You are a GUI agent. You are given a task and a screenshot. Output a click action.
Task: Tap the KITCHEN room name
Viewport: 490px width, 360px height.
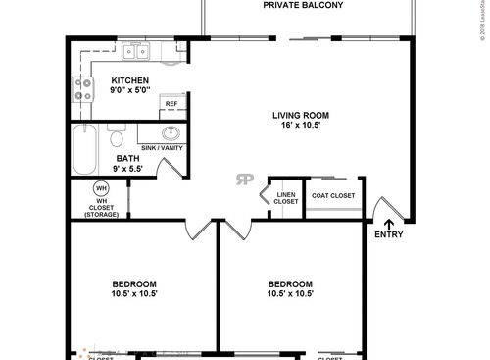[x=129, y=80]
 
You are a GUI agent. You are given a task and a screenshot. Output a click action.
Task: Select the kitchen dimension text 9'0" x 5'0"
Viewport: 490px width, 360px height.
[x=129, y=91]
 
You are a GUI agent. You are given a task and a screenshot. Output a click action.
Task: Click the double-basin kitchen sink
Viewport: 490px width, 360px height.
[x=135, y=53]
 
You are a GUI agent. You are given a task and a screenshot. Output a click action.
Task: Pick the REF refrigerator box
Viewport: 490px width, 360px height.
[x=171, y=104]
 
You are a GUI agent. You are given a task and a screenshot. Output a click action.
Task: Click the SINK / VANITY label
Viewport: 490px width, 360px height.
[x=162, y=148]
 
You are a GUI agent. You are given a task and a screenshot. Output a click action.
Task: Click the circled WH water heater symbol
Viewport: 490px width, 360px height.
[x=101, y=188]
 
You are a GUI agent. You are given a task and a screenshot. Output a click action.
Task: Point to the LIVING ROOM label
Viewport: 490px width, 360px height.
[x=300, y=115]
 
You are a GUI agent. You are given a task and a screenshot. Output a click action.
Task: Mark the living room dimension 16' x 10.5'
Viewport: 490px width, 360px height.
[x=300, y=127]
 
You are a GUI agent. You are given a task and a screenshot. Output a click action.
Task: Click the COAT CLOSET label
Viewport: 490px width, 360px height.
[x=333, y=195]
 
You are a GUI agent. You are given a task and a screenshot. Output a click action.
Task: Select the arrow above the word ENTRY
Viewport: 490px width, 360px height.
[x=387, y=224]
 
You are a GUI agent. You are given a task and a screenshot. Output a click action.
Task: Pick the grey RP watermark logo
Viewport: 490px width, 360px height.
[x=242, y=179]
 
